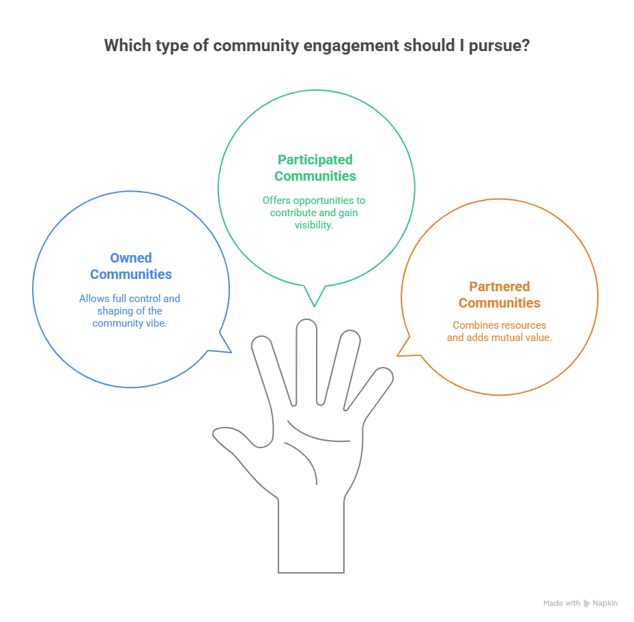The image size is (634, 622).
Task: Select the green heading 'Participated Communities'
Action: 315,168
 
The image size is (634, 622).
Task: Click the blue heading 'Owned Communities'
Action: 130,266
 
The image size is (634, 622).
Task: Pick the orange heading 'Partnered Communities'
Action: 499,295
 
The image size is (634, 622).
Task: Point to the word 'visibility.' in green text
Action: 315,225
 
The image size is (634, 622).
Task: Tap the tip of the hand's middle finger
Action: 306,326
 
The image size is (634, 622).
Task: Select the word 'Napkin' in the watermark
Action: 605,604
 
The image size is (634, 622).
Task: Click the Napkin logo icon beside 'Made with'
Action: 586,604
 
